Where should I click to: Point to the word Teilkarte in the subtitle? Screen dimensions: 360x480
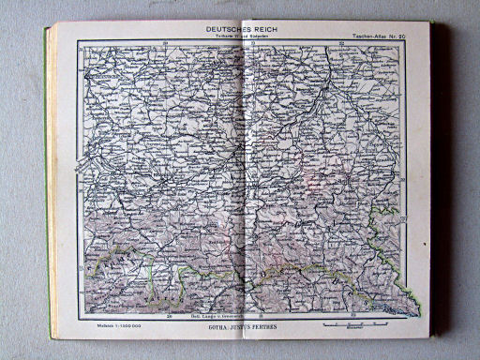215,37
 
